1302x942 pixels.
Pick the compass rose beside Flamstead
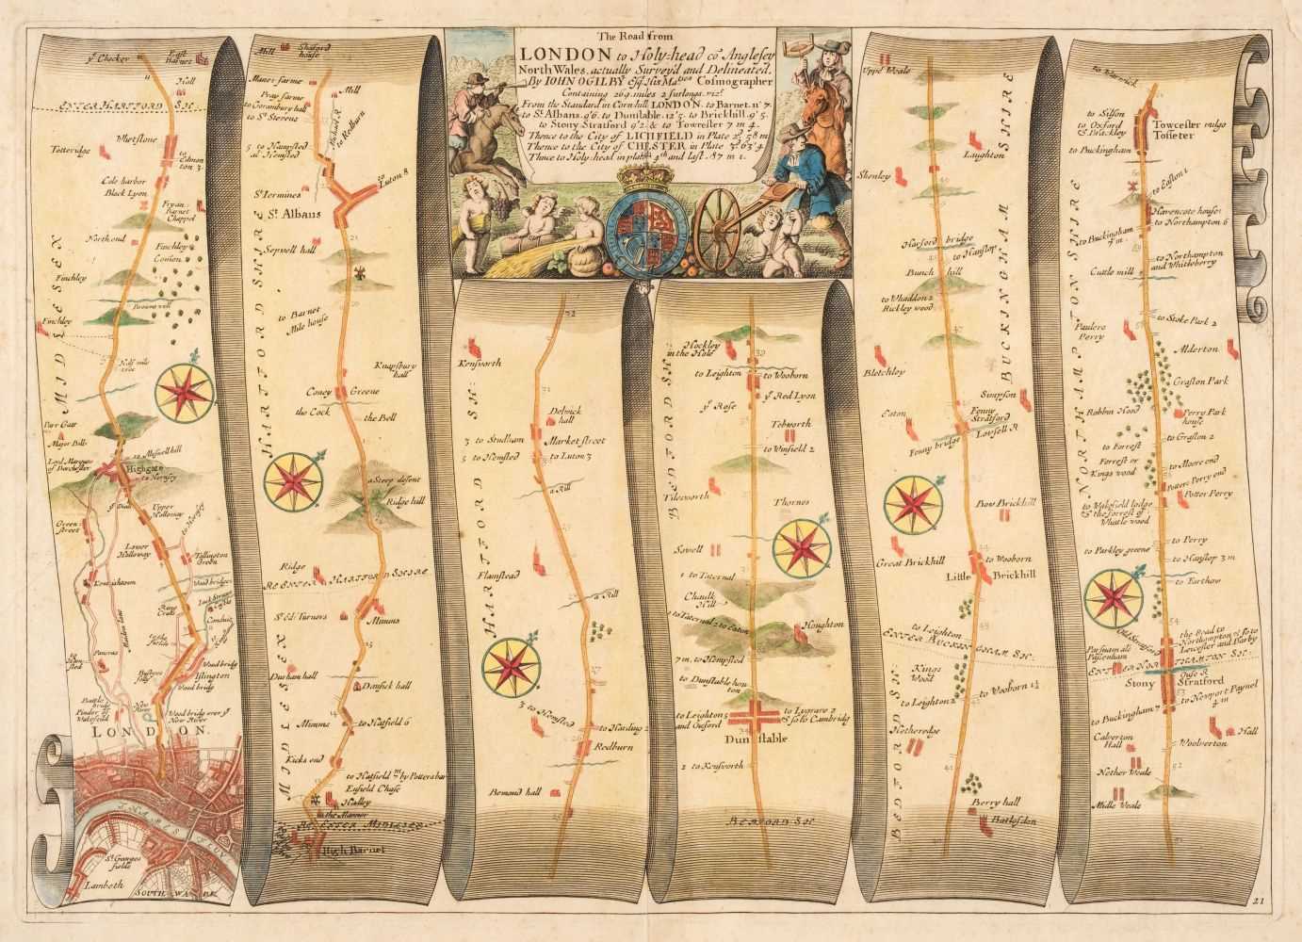tap(510, 665)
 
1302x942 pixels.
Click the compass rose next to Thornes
tap(803, 545)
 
